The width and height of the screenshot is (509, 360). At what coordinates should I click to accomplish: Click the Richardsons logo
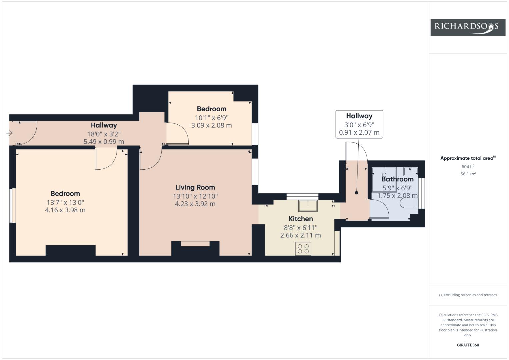468,27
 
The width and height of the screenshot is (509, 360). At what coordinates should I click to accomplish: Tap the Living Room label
195,187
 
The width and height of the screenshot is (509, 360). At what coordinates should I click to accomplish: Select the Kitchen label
301,219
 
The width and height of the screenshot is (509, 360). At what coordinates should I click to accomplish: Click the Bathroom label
397,179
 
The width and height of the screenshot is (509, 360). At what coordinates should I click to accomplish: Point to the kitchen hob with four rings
303,249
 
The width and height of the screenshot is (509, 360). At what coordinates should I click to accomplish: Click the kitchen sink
308,206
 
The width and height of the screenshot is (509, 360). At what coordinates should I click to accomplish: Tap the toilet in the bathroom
409,203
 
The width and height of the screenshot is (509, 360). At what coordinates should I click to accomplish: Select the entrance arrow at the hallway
9,133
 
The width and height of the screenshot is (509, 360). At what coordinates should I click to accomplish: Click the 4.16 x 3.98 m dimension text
65,210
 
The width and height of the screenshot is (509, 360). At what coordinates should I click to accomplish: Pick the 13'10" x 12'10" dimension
195,196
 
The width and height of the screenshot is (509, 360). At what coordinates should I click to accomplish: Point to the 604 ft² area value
468,167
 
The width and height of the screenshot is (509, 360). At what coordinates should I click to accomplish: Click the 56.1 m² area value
468,174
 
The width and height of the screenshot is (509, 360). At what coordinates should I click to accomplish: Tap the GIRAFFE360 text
468,345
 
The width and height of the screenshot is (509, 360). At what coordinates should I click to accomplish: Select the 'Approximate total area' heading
468,158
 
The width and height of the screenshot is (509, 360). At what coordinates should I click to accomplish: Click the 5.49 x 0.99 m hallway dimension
104,142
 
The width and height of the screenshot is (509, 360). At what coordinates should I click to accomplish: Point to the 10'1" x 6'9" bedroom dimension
212,118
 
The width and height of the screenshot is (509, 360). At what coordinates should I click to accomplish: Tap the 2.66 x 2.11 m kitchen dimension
301,235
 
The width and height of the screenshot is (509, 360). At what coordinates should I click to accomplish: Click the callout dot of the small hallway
357,193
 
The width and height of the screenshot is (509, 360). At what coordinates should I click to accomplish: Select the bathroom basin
411,171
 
